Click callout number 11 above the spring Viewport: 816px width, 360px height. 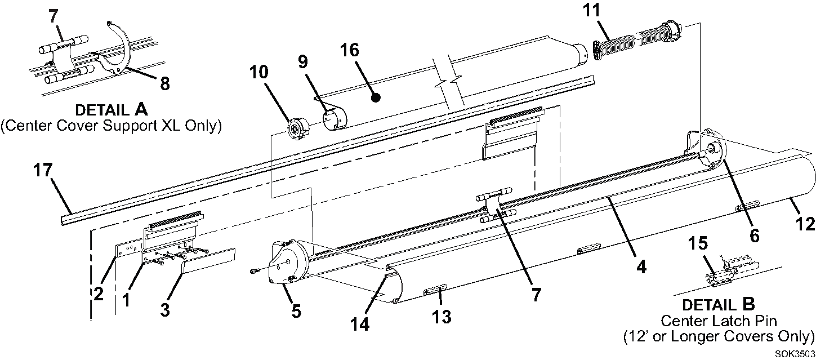tap(591, 11)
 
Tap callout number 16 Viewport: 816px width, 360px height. tap(350, 50)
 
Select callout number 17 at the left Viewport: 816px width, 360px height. tap(43, 170)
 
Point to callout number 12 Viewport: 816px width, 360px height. tap(805, 224)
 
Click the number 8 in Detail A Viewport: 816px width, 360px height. tap(165, 83)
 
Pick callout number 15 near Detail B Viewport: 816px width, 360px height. tap(698, 243)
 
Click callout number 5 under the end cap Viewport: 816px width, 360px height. tap(296, 312)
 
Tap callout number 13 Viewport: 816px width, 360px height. tap(442, 317)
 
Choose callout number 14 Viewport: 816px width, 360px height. tap(360, 324)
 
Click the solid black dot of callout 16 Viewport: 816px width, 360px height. tap(376, 97)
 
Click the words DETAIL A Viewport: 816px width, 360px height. tap(111, 109)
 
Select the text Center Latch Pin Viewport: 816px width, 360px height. tap(719, 321)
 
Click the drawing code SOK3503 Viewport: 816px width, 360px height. tap(795, 354)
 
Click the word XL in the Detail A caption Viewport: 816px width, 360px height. tap(170, 126)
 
